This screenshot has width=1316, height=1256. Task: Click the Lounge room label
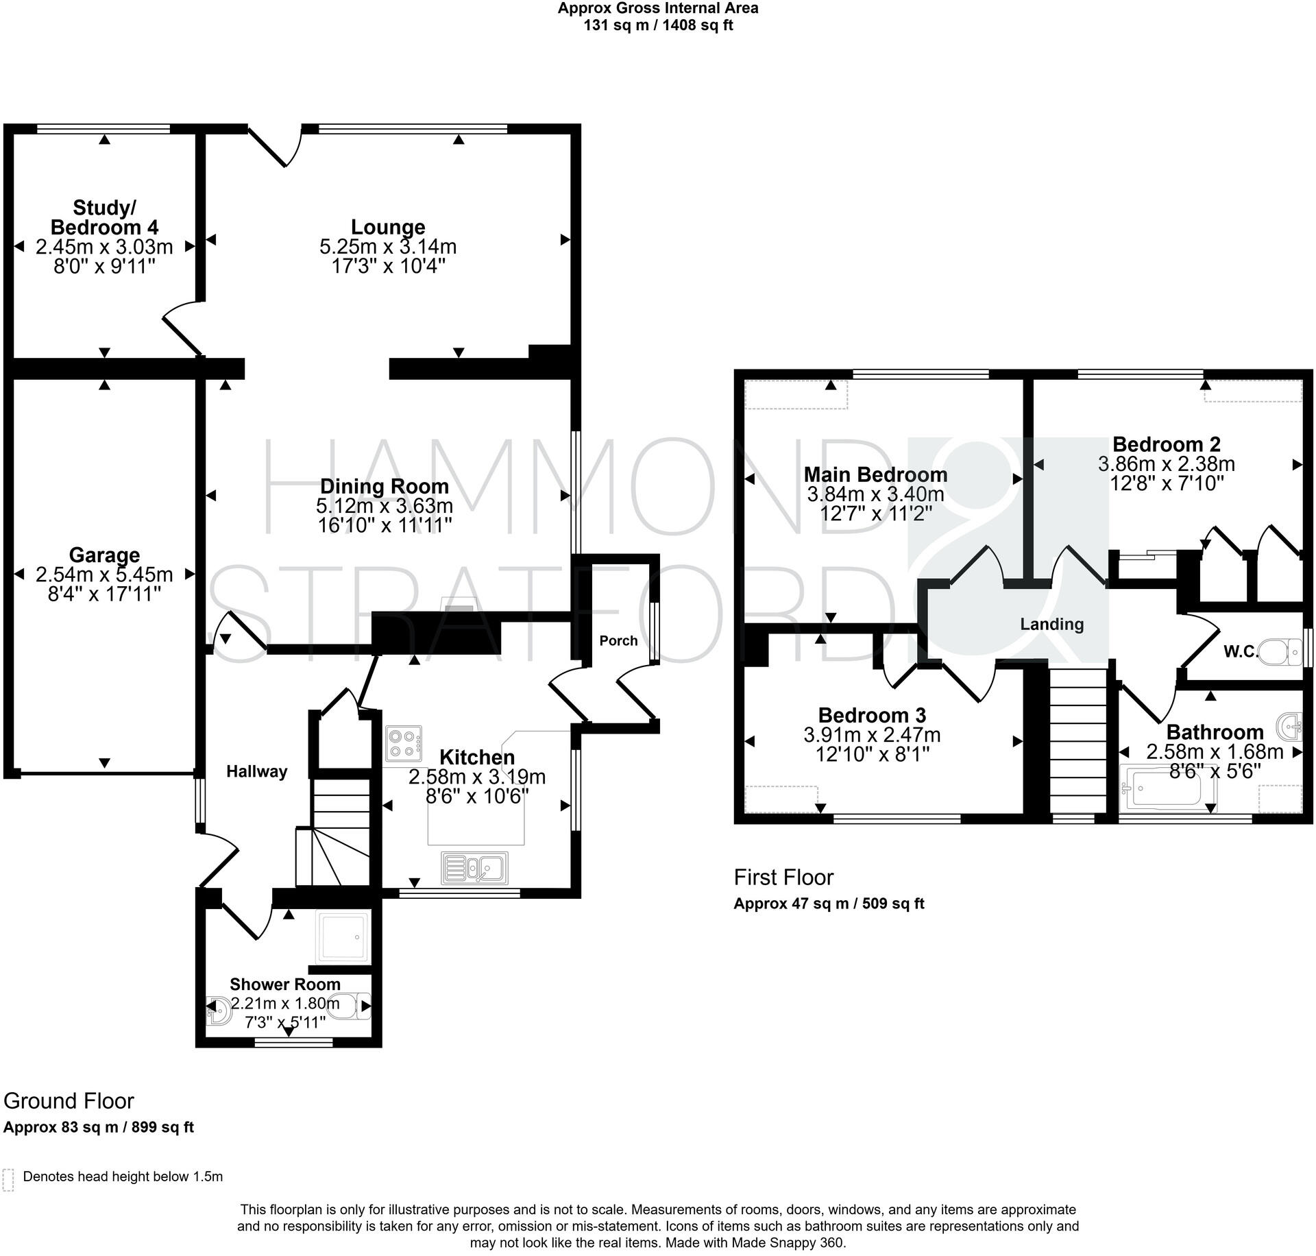pyautogui.click(x=388, y=227)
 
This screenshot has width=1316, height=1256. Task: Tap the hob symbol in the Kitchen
pyautogui.click(x=404, y=743)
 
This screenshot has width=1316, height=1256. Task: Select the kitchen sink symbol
pyautogui.click(x=474, y=868)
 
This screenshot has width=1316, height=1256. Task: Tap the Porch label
pyautogui.click(x=618, y=640)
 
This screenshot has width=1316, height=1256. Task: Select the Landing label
pyautogui.click(x=1051, y=624)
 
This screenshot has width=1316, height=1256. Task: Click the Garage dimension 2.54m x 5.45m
pyautogui.click(x=104, y=574)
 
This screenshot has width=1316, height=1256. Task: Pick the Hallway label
pyautogui.click(x=257, y=771)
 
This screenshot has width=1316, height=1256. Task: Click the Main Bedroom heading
pyautogui.click(x=875, y=474)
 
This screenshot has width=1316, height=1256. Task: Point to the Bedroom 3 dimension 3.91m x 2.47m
pyautogui.click(x=872, y=735)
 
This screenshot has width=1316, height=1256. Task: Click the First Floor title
pyautogui.click(x=783, y=877)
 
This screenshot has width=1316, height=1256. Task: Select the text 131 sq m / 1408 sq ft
pyautogui.click(x=658, y=26)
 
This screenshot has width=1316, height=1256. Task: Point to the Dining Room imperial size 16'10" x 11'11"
pyautogui.click(x=385, y=526)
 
